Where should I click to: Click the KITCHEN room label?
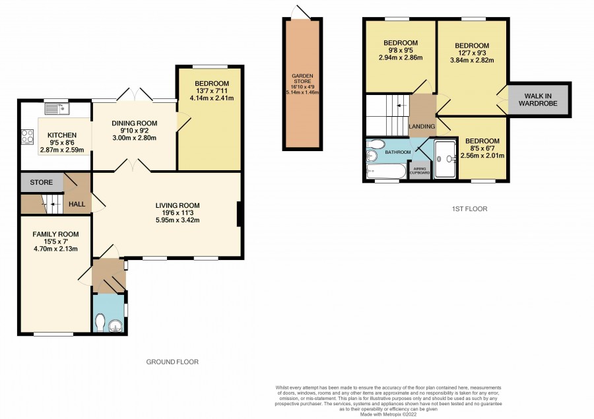click(x=62, y=135)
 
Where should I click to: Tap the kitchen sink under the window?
click(x=57, y=109)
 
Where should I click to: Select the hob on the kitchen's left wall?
click(x=27, y=137)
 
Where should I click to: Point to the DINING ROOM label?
click(x=135, y=123)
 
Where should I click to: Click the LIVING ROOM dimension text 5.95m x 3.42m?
click(x=178, y=220)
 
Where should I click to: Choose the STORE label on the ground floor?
click(x=42, y=183)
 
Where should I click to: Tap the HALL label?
click(x=77, y=204)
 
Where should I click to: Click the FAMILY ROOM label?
click(x=55, y=234)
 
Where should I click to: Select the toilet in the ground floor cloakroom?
click(x=100, y=323)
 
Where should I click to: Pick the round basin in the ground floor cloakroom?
click(x=115, y=326)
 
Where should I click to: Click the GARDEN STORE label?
click(x=302, y=79)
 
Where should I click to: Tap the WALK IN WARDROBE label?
click(x=538, y=100)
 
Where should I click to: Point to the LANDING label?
click(x=422, y=127)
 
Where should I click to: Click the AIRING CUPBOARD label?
click(x=420, y=171)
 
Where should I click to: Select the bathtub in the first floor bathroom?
click(x=386, y=171)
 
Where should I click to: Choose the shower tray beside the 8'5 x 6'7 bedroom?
click(x=445, y=159)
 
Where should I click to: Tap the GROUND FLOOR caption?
click(x=172, y=362)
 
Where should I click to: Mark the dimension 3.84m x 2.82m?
click(x=472, y=60)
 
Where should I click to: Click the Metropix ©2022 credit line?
click(x=389, y=414)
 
